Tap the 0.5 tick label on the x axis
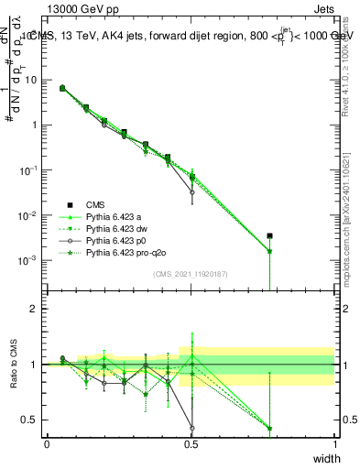click(191, 443)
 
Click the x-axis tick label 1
click(334, 443)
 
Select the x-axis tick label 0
click(47, 443)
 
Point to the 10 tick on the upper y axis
click(31, 80)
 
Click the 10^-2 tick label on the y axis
click(29, 215)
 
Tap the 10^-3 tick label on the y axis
click(29, 260)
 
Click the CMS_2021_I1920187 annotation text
click(191, 275)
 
